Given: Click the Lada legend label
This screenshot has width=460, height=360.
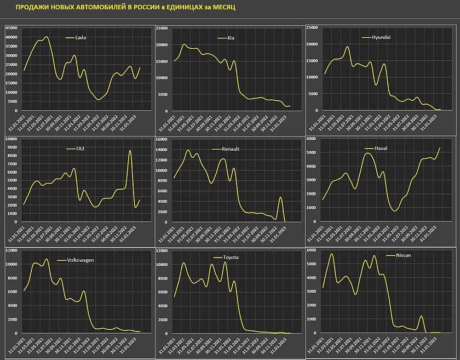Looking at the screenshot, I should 81,38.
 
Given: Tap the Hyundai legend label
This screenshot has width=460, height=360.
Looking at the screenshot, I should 382,37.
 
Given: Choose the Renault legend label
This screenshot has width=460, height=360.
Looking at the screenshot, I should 231,148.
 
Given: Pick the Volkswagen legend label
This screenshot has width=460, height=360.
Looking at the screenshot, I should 81,260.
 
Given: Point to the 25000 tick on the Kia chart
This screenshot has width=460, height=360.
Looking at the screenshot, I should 162,27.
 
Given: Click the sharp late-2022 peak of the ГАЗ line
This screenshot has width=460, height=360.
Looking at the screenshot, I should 130,151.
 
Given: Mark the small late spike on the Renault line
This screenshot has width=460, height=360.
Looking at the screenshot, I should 280,197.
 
